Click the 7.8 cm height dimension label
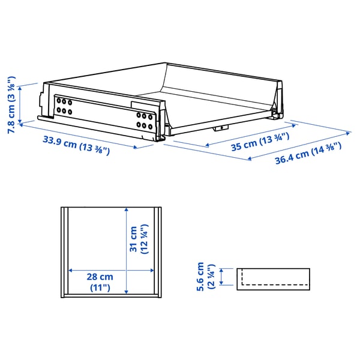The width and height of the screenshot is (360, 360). tap(11, 103)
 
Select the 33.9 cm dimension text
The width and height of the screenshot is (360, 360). tap(76, 146)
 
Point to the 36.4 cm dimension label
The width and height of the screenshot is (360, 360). tap(308, 154)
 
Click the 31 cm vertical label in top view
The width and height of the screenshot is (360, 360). tap(138, 240)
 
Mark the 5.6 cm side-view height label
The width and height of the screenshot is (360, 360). tap(205, 277)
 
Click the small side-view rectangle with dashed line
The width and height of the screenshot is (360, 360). tap(272, 277)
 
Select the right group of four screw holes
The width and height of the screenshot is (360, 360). tap(144, 120)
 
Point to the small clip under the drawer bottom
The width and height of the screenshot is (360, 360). tap(220, 128)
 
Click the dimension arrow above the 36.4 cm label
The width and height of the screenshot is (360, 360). tap(299, 145)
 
